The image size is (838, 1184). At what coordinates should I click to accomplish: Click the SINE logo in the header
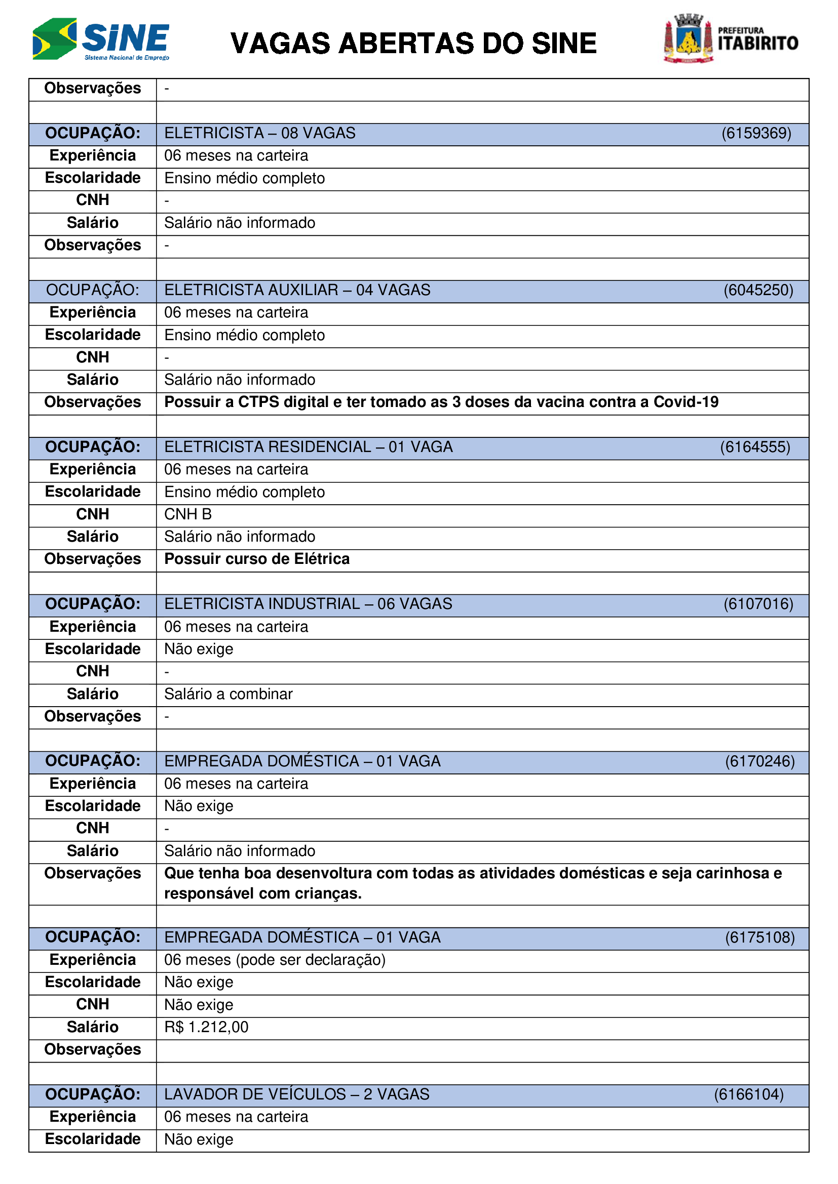(101, 39)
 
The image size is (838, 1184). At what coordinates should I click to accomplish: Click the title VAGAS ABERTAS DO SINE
(413, 44)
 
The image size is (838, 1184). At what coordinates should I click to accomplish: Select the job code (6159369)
(756, 134)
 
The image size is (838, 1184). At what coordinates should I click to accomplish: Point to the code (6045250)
(758, 291)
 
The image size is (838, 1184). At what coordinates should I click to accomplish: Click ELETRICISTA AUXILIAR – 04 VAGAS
(297, 291)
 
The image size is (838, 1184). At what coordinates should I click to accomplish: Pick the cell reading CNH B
(188, 514)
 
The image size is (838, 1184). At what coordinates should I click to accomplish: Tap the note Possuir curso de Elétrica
(256, 559)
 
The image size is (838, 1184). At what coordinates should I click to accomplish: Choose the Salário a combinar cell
(228, 694)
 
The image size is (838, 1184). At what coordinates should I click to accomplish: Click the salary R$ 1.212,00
(206, 1027)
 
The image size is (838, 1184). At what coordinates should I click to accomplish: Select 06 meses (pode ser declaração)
(275, 960)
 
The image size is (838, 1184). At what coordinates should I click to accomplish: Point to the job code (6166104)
(749, 1094)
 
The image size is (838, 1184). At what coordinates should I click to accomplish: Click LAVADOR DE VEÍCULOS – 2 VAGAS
(297, 1094)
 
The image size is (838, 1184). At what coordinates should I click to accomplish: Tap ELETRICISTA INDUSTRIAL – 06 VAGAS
(308, 604)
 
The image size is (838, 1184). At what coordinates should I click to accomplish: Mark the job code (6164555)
(755, 447)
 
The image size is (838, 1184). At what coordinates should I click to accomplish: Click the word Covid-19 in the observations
(686, 402)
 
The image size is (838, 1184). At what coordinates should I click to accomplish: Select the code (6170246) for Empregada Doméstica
(759, 762)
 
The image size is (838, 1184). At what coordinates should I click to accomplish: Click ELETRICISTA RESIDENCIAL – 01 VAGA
(308, 447)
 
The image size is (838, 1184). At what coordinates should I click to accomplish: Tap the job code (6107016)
(758, 604)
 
